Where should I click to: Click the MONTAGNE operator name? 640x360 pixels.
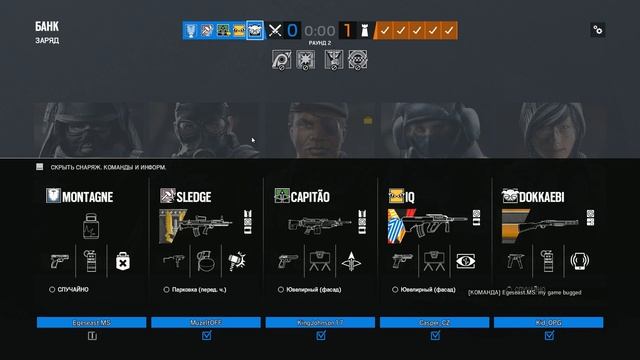87,197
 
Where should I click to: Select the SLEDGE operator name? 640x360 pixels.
193,197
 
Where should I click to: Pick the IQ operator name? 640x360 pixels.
411,197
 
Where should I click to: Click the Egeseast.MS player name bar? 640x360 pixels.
92,322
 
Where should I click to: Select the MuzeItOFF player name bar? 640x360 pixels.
206,322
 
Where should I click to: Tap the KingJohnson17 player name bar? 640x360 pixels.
320,322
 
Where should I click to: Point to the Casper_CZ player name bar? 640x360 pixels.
434,322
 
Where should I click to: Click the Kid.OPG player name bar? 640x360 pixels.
548,322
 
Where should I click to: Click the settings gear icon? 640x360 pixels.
598,31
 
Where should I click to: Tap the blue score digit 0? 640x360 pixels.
293,31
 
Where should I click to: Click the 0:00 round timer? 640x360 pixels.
319,31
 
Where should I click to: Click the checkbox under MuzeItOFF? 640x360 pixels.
206,337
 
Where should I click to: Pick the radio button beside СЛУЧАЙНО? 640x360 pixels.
52,289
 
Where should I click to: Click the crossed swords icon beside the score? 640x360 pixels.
275,31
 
